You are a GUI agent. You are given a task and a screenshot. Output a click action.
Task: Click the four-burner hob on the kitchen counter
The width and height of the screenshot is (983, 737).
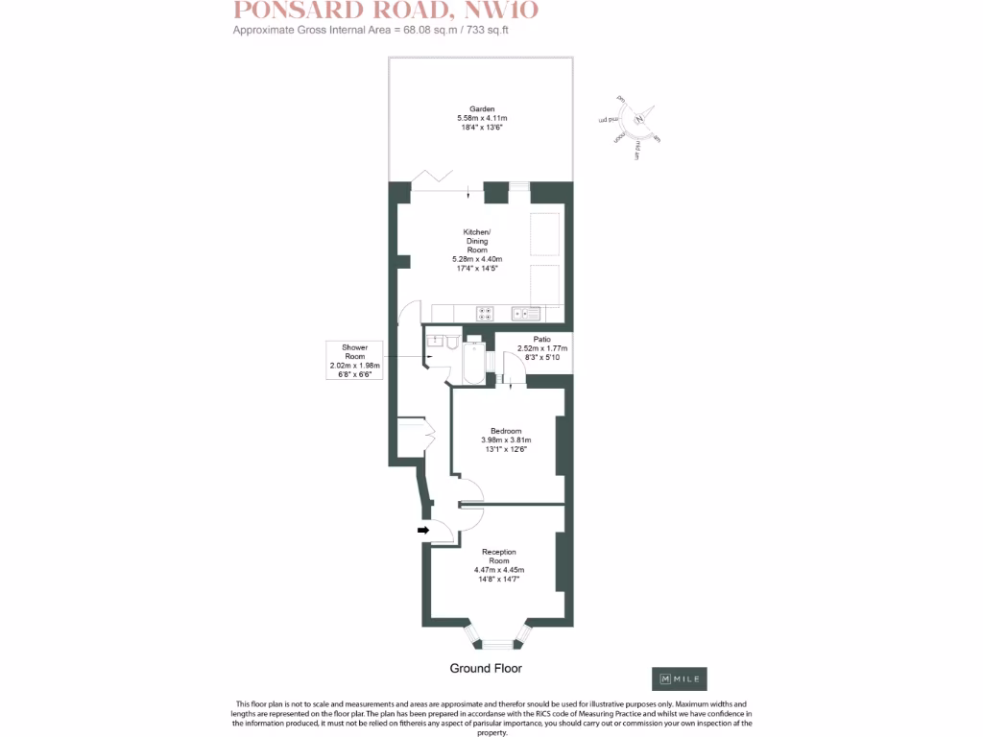pos(485,313)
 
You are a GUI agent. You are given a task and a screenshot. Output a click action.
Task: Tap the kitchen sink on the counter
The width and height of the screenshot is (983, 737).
pos(527,313)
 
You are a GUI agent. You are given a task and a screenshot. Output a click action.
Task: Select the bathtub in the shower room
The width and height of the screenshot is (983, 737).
pos(474,362)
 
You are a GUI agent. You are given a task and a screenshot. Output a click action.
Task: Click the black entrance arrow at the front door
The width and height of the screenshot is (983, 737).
pos(421,529)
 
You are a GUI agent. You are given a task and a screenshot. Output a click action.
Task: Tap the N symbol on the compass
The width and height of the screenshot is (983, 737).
pos(637,119)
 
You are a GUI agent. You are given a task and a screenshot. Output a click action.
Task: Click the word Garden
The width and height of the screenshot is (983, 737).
pos(482,109)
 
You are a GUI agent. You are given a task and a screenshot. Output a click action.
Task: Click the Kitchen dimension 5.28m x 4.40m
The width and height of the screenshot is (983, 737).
pos(477,259)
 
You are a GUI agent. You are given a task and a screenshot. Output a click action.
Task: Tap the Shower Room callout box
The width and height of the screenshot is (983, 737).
pos(354,360)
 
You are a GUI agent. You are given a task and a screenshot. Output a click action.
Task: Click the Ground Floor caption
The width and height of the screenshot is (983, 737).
pos(486,668)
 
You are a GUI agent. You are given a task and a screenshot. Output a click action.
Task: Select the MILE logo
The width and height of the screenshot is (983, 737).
pos(680,678)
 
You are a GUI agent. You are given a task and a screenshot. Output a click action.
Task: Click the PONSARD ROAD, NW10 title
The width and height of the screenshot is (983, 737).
pos(387,12)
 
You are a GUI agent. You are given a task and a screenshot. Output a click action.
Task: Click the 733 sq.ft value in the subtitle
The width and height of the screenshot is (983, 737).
pos(497,31)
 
